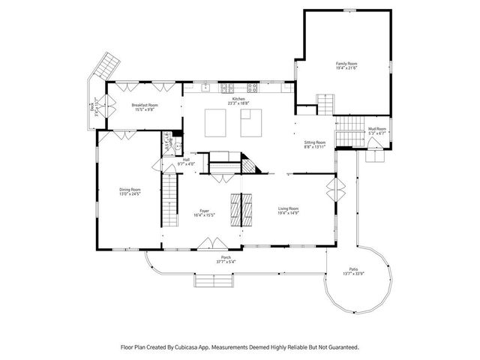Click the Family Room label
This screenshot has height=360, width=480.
[346, 64]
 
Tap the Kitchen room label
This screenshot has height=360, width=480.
[238, 99]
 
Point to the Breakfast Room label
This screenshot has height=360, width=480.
[145, 105]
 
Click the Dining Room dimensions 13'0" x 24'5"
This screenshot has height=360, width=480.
[130, 193]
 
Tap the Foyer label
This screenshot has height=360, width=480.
[203, 211]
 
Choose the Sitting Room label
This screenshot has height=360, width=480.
[315, 142]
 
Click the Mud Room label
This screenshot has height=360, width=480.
[376, 129]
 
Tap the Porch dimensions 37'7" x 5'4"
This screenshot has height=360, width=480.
[226, 262]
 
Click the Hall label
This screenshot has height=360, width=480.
[186, 159]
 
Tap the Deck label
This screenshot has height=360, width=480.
[93, 108]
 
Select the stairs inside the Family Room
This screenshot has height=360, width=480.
[324, 103]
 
